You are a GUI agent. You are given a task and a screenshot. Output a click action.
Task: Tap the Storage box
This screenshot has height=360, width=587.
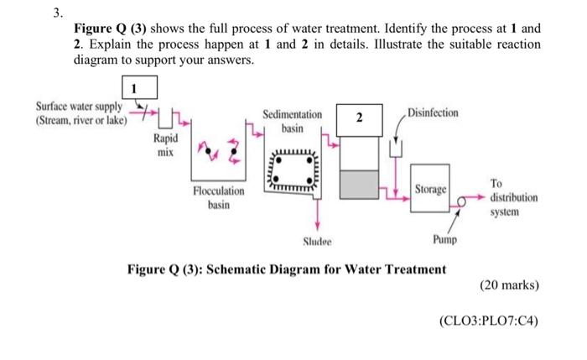[x=429, y=190]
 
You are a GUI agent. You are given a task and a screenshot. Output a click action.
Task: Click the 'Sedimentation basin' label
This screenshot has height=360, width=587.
[x=292, y=121]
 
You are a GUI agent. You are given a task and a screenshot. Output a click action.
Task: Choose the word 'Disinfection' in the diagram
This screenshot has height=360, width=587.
[x=432, y=112]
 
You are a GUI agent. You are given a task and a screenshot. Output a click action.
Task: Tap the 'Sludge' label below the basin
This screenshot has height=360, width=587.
[x=317, y=242]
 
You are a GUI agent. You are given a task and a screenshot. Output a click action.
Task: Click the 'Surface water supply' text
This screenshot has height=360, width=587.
[x=81, y=113]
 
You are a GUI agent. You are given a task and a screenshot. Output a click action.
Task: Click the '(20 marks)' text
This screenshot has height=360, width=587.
[x=509, y=285]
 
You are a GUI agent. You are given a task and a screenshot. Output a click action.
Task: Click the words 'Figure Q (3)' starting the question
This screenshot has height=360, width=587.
[x=113, y=28]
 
